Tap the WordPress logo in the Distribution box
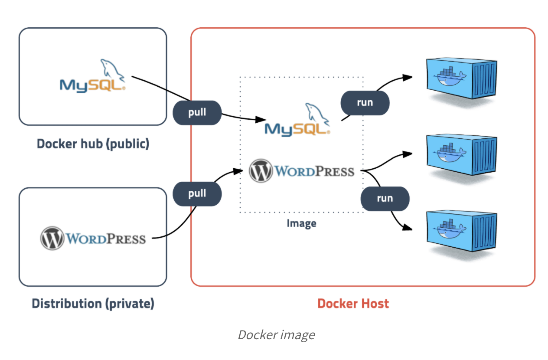click(93, 238)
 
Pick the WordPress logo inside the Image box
click(301, 170)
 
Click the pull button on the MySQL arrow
click(197, 113)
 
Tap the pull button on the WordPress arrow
click(197, 193)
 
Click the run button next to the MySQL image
click(365, 103)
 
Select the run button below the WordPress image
click(385, 199)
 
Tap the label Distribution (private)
click(93, 304)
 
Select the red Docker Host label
click(353, 304)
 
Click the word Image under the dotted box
click(301, 224)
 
